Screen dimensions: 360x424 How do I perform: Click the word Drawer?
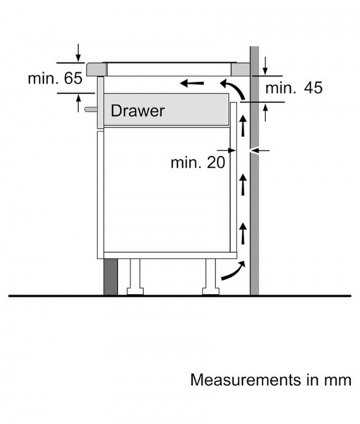pos(138,111)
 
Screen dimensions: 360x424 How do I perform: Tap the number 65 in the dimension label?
pos(73,78)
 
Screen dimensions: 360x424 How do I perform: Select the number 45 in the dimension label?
pos(313,88)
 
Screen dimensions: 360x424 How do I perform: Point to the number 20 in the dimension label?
pos(216,163)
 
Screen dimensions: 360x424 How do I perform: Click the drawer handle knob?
pos(90,109)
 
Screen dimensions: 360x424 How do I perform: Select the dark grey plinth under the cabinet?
pos(111,276)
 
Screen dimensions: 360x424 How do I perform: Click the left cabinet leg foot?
pos(135,291)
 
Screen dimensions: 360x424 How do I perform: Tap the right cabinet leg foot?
pos(210,291)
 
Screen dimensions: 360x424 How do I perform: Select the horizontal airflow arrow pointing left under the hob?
pos(192,83)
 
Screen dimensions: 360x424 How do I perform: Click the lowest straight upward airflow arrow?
pos(243,233)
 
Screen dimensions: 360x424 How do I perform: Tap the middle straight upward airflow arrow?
pos(243,184)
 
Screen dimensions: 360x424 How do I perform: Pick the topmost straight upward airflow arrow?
pos(243,125)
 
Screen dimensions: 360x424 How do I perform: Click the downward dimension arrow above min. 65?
pos(78,52)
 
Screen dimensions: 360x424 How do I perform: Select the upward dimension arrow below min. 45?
pos(265,113)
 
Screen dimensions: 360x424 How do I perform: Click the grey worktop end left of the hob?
pos(97,69)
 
